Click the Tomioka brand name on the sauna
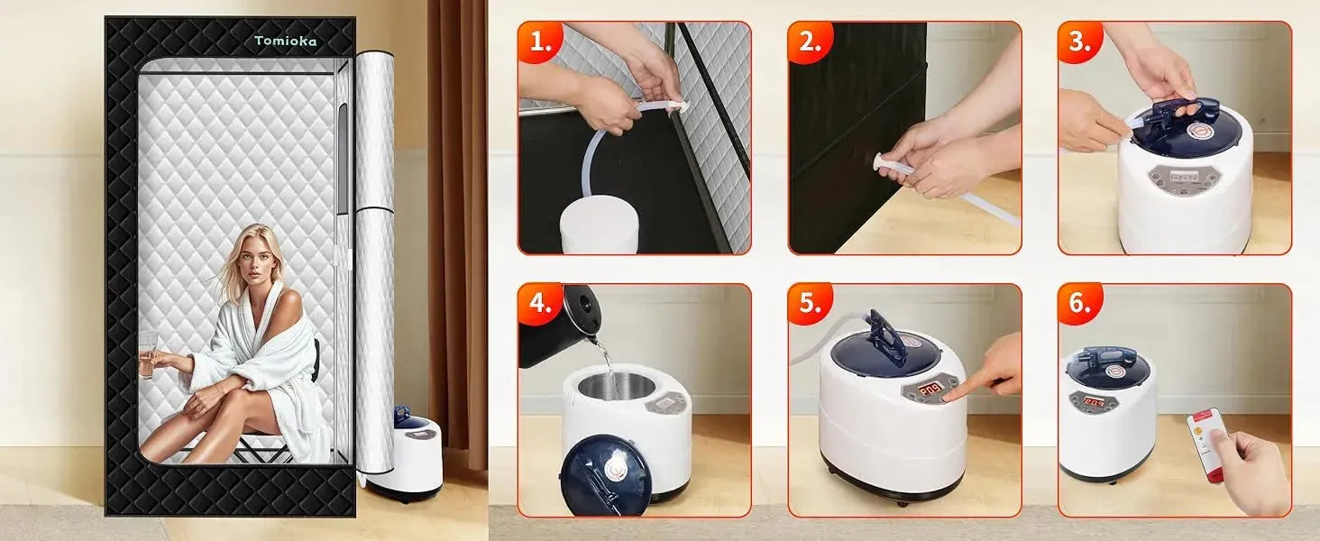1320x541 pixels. (x=285, y=41)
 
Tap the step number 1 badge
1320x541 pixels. (x=540, y=42)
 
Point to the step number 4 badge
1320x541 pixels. (x=540, y=304)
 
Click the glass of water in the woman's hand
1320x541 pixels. (x=148, y=353)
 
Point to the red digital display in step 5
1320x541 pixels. (x=918, y=388)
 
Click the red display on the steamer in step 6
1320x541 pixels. (x=1094, y=401)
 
